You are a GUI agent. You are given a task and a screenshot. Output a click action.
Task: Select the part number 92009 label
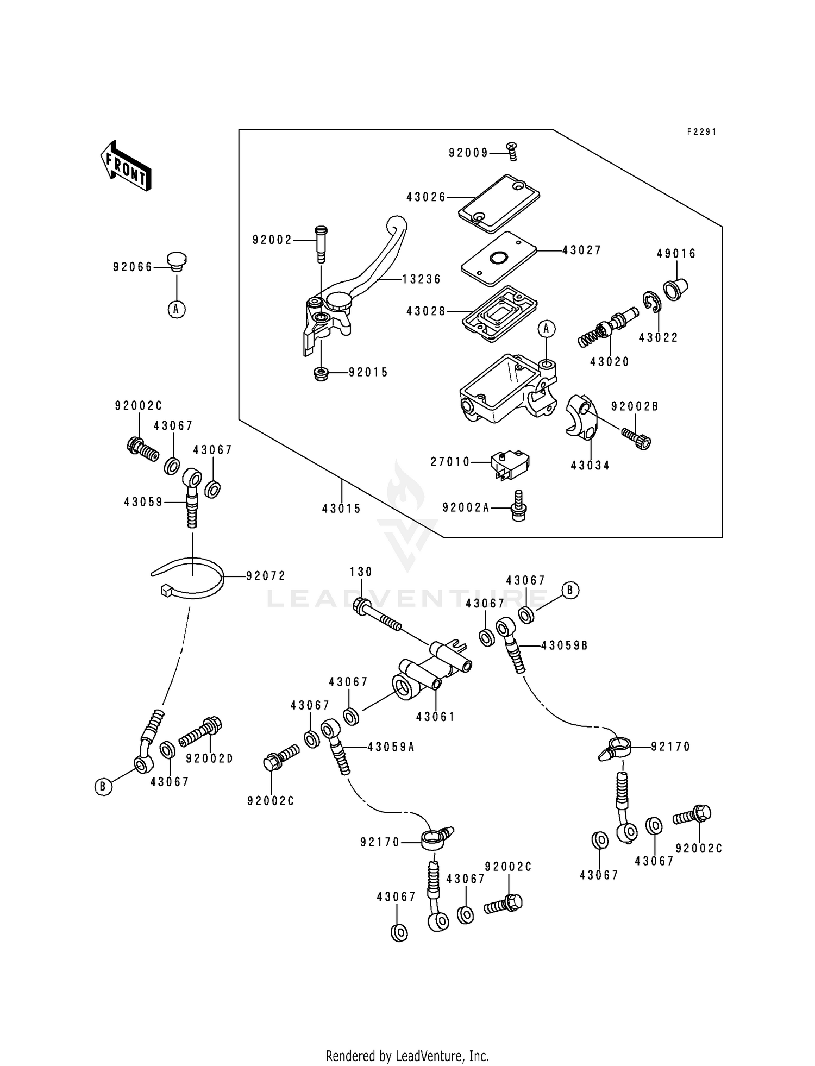(468, 153)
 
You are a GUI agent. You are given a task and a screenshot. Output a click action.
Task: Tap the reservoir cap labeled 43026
(499, 199)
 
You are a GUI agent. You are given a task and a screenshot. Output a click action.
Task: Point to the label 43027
(581, 250)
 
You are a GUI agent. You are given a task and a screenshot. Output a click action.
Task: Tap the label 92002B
(635, 406)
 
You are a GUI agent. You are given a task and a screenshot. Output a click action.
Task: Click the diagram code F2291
(701, 132)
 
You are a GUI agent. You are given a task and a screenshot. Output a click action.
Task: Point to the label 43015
(341, 509)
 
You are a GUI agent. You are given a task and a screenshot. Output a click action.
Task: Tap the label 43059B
(564, 645)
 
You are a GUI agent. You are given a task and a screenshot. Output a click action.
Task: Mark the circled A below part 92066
(176, 309)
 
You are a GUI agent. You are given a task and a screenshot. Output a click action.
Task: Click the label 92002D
(209, 758)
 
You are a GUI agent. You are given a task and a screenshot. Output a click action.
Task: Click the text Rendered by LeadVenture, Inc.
(407, 1056)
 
